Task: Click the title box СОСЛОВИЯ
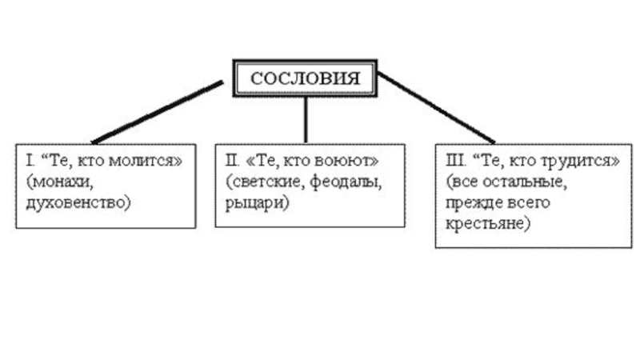tap(305, 78)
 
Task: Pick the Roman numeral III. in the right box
tap(451, 161)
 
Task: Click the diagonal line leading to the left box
tap(157, 112)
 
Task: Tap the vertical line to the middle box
tap(305, 120)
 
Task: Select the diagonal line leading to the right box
tap(436, 108)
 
